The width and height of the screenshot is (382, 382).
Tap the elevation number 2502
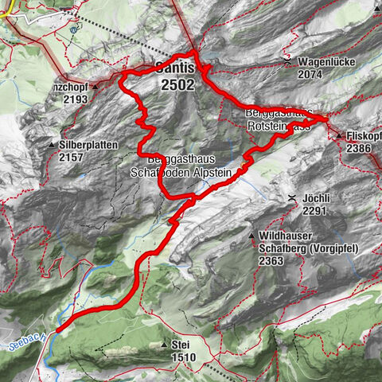(x=176, y=84)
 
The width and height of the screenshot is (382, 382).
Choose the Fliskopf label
(x=364, y=136)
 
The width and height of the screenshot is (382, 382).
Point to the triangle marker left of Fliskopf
(x=339, y=136)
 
